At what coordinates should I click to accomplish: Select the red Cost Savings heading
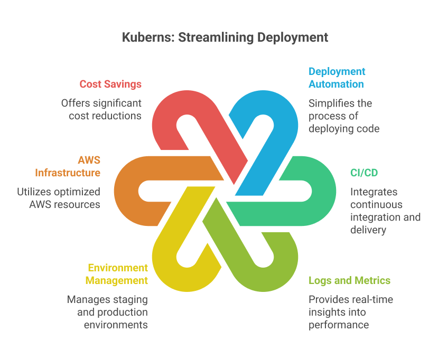(110, 84)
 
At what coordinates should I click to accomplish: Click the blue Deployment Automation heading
(336, 78)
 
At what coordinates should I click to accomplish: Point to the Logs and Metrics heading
(349, 280)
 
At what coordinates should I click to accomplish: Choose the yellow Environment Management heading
(118, 273)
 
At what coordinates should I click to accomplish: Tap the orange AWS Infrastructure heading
(68, 166)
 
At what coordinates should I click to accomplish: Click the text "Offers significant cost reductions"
(101, 109)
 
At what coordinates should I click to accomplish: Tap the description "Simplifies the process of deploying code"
(344, 116)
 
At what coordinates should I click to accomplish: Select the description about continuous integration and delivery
(385, 211)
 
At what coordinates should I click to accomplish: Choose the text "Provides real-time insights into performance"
(351, 312)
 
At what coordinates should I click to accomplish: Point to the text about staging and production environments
(107, 312)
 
